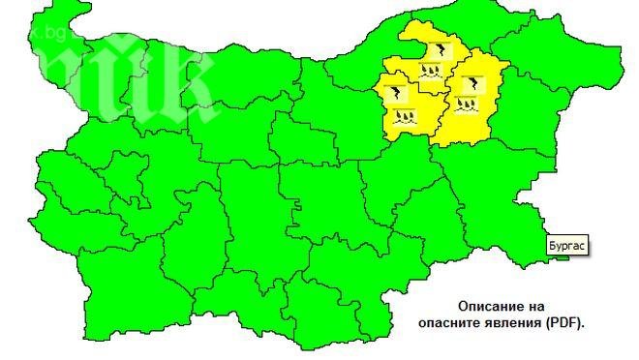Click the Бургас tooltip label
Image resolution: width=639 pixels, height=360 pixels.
(567, 245)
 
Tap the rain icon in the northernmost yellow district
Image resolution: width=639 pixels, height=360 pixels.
(432, 70)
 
